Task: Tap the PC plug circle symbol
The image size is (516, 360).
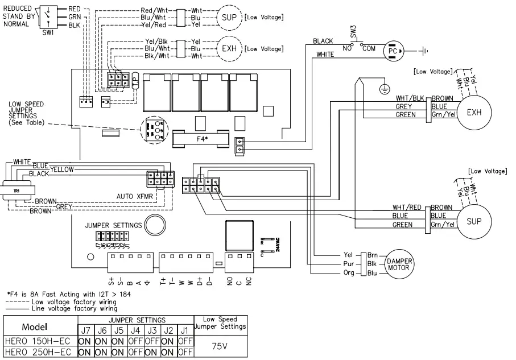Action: click(x=392, y=50)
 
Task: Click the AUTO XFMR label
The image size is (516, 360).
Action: click(x=133, y=195)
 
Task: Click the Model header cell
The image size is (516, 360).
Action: click(x=38, y=328)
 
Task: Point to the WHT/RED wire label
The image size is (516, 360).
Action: click(x=406, y=207)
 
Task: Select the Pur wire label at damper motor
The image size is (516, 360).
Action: click(x=349, y=264)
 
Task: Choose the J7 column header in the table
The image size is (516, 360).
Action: click(x=85, y=329)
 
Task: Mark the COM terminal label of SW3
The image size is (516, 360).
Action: click(x=369, y=49)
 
